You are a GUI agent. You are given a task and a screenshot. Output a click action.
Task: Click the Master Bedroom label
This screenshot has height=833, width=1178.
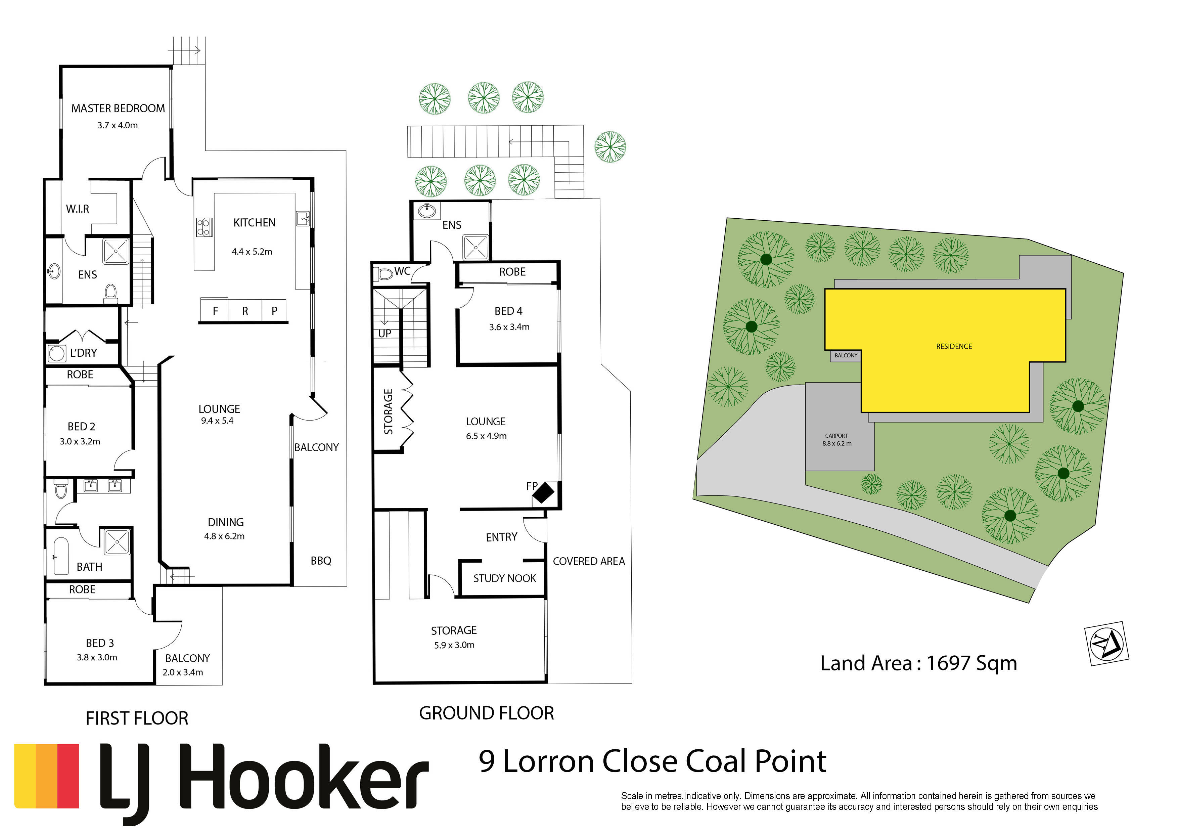pos(118,108)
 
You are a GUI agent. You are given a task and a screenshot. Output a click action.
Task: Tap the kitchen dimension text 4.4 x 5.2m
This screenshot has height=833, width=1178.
pos(252,252)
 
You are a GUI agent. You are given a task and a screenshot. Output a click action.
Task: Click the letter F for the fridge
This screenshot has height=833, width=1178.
pos(216,310)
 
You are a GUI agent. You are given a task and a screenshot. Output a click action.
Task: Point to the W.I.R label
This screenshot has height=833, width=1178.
pos(78,209)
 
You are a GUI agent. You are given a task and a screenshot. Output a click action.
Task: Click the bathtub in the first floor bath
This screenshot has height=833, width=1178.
pos(61,556)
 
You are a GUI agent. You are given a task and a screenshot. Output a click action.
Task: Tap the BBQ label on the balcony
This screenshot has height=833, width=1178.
pos(321,561)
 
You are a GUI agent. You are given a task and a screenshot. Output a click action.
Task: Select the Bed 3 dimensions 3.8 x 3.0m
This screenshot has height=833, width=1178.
pos(97,657)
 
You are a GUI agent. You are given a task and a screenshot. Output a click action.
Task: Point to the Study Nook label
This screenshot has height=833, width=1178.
pos(504,578)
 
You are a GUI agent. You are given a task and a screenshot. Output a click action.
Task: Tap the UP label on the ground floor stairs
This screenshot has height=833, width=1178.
pos(385,334)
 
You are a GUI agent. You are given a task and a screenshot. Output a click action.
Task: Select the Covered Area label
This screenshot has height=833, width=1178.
pos(589,562)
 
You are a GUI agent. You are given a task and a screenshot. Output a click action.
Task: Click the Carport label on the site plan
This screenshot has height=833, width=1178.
pos(836,436)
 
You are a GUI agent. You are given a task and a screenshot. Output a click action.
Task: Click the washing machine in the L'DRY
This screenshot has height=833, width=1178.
pos(56,353)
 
